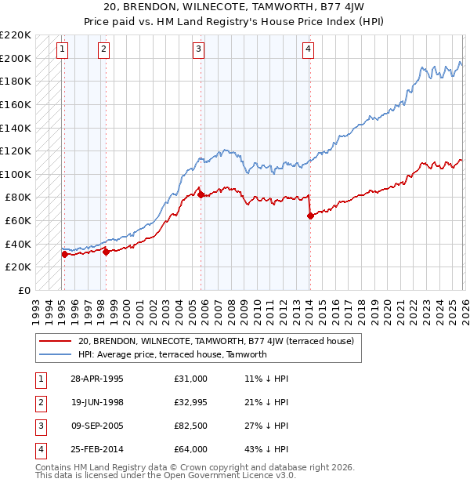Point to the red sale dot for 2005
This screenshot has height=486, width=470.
point(201,194)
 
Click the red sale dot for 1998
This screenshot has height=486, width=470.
point(106,252)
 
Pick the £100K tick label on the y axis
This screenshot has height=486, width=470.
point(16,174)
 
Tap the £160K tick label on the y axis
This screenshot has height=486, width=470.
point(16,104)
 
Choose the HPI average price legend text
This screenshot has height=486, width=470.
point(172,354)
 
